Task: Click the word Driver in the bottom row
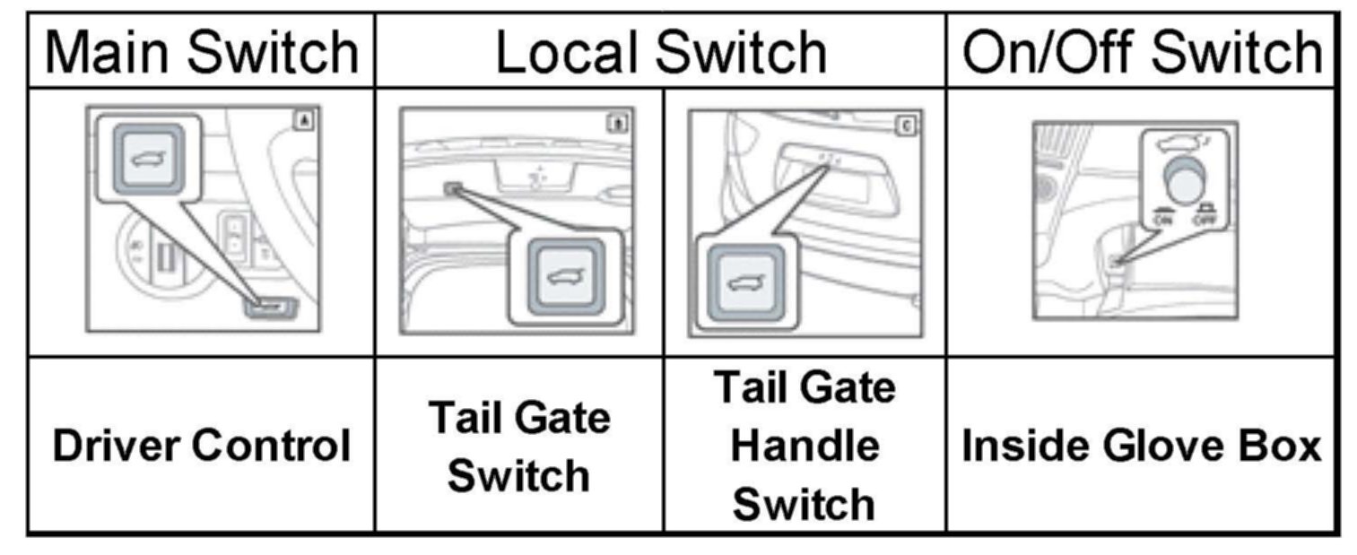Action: [x=117, y=446]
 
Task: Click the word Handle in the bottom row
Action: [x=805, y=446]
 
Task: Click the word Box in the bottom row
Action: [x=1284, y=446]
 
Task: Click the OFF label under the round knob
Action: [x=1206, y=219]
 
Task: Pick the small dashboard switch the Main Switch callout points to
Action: [x=273, y=308]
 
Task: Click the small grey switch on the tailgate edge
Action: [x=451, y=188]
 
